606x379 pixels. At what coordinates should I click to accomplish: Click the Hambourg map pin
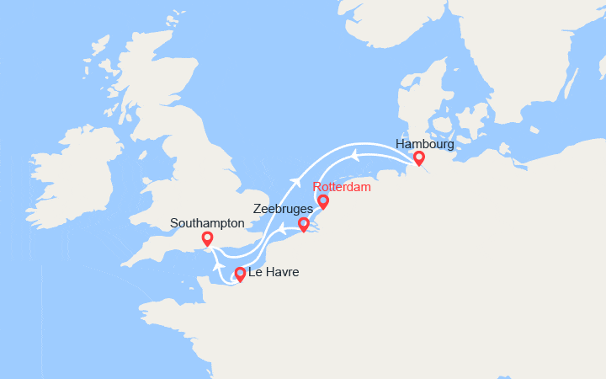tap(418, 157)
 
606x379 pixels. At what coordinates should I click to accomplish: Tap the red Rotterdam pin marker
tap(322, 201)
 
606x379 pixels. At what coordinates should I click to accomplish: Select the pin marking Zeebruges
tap(304, 224)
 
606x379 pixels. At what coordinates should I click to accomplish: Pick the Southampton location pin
tap(207, 239)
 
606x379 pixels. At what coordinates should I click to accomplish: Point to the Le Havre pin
tap(240, 273)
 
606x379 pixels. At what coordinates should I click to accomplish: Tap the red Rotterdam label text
tap(341, 187)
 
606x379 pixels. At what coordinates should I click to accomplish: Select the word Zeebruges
tap(283, 208)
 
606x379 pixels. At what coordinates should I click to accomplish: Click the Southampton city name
tap(207, 223)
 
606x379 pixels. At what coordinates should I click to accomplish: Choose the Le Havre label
tap(274, 273)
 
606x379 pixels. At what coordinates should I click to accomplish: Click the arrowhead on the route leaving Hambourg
tap(355, 154)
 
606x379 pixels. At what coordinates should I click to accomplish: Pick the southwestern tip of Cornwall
tap(126, 264)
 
